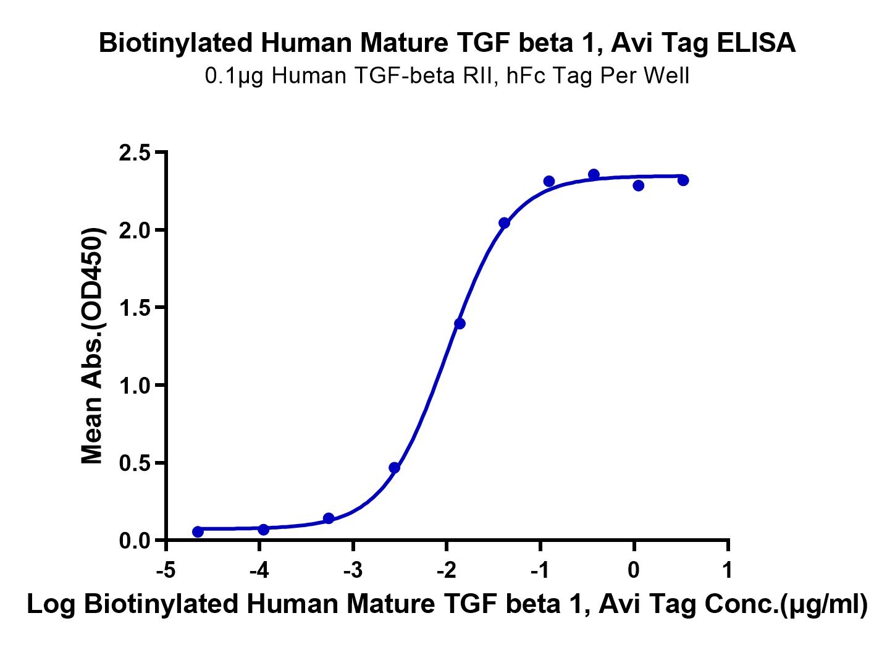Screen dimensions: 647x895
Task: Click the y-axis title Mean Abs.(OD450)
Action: (x=93, y=346)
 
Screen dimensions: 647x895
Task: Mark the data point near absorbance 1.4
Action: (x=460, y=323)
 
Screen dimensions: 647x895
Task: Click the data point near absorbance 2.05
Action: (x=504, y=223)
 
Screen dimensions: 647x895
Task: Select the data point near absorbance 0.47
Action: (x=395, y=468)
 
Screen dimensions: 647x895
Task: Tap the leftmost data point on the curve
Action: (x=198, y=531)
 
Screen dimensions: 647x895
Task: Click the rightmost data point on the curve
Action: (x=683, y=180)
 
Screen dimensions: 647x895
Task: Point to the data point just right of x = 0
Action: (x=639, y=185)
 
